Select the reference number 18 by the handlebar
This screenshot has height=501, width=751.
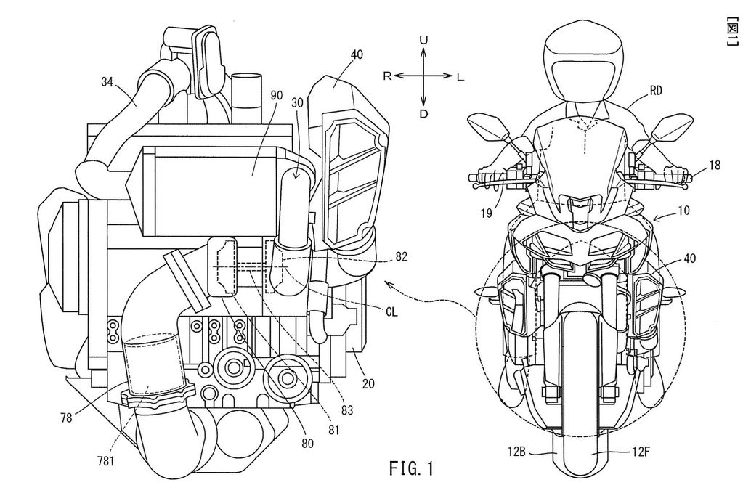(x=714, y=166)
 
